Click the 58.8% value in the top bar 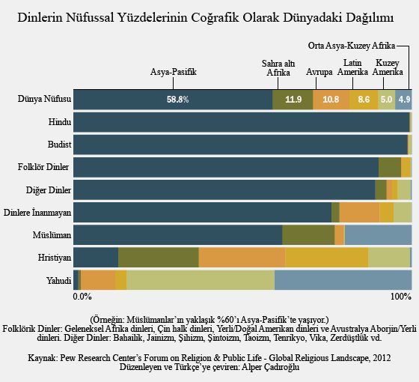click(178, 100)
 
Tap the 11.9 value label click(293, 100)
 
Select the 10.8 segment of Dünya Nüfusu click(331, 100)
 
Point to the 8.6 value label click(364, 100)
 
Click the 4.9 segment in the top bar click(403, 100)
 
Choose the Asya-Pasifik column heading click(173, 72)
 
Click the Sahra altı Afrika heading click(278, 68)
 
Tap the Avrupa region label click(319, 72)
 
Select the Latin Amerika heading click(352, 67)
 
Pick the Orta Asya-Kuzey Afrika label click(352, 46)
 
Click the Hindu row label click(60, 122)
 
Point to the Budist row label click(59, 145)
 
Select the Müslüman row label click(52, 235)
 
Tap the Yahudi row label click(58, 281)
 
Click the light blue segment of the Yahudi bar click(343, 280)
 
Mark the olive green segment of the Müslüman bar click(308, 235)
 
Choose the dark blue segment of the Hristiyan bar click(96, 258)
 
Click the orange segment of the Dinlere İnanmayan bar click(359, 213)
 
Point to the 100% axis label click(401, 297)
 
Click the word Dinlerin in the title click(40, 18)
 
